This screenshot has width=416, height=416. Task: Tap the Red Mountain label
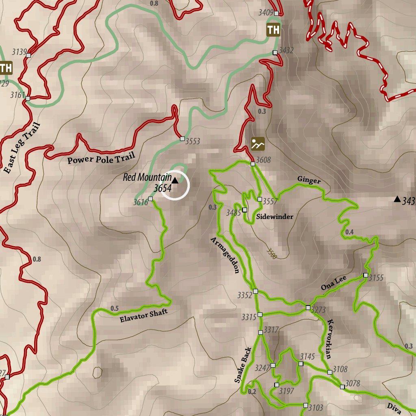point(147,178)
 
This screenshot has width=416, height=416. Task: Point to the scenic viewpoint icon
point(258,144)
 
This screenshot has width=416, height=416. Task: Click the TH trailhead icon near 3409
point(273,30)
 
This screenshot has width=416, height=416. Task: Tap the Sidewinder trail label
point(274,217)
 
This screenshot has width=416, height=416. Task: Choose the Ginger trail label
point(309,180)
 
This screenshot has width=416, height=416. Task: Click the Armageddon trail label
point(225,255)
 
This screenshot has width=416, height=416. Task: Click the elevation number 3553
point(193,141)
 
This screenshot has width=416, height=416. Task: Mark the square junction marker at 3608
point(253,164)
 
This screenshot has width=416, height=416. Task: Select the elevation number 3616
point(141,202)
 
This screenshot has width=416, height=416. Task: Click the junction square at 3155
point(366,275)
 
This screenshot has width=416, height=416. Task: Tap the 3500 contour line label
point(272,253)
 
